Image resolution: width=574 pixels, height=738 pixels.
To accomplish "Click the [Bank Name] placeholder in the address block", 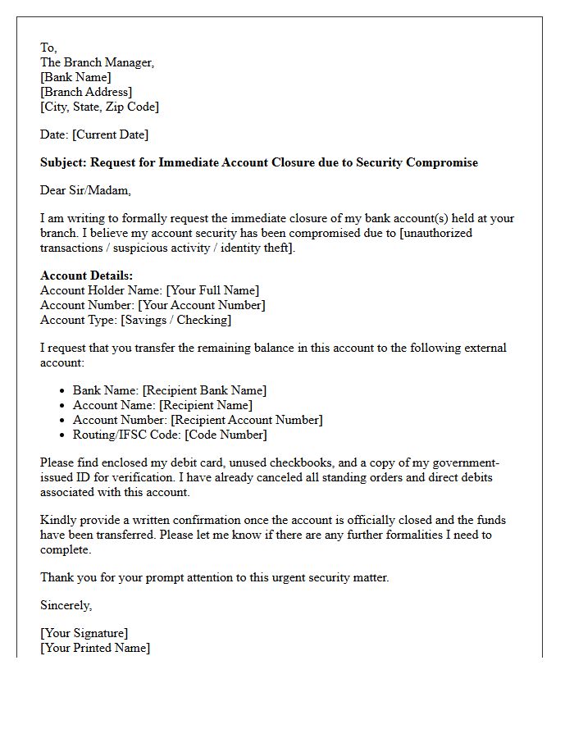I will [75, 77].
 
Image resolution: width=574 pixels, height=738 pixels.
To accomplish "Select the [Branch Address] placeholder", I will [86, 92].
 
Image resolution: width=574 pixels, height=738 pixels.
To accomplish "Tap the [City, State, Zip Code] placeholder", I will [99, 107].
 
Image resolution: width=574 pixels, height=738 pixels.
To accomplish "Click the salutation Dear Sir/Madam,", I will [85, 190].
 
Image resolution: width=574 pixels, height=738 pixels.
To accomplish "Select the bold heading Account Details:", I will [86, 276].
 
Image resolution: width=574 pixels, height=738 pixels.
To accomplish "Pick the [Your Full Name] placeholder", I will [212, 290].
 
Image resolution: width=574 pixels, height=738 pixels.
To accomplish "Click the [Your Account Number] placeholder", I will [201, 305].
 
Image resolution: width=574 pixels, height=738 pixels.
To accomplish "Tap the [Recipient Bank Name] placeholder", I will [204, 390].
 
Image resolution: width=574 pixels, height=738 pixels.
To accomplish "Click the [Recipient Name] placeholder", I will [206, 405].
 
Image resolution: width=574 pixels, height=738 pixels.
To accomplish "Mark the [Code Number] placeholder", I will [225, 435].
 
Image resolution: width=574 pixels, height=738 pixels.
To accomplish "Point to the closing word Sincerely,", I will [66, 605].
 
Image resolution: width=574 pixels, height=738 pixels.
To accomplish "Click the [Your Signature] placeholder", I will [84, 633].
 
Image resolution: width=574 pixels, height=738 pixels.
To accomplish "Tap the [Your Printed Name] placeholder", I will [95, 648].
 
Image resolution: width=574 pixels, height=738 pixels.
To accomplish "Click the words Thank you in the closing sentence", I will [65, 577].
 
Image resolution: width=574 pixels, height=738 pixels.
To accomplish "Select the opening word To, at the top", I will [48, 48].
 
